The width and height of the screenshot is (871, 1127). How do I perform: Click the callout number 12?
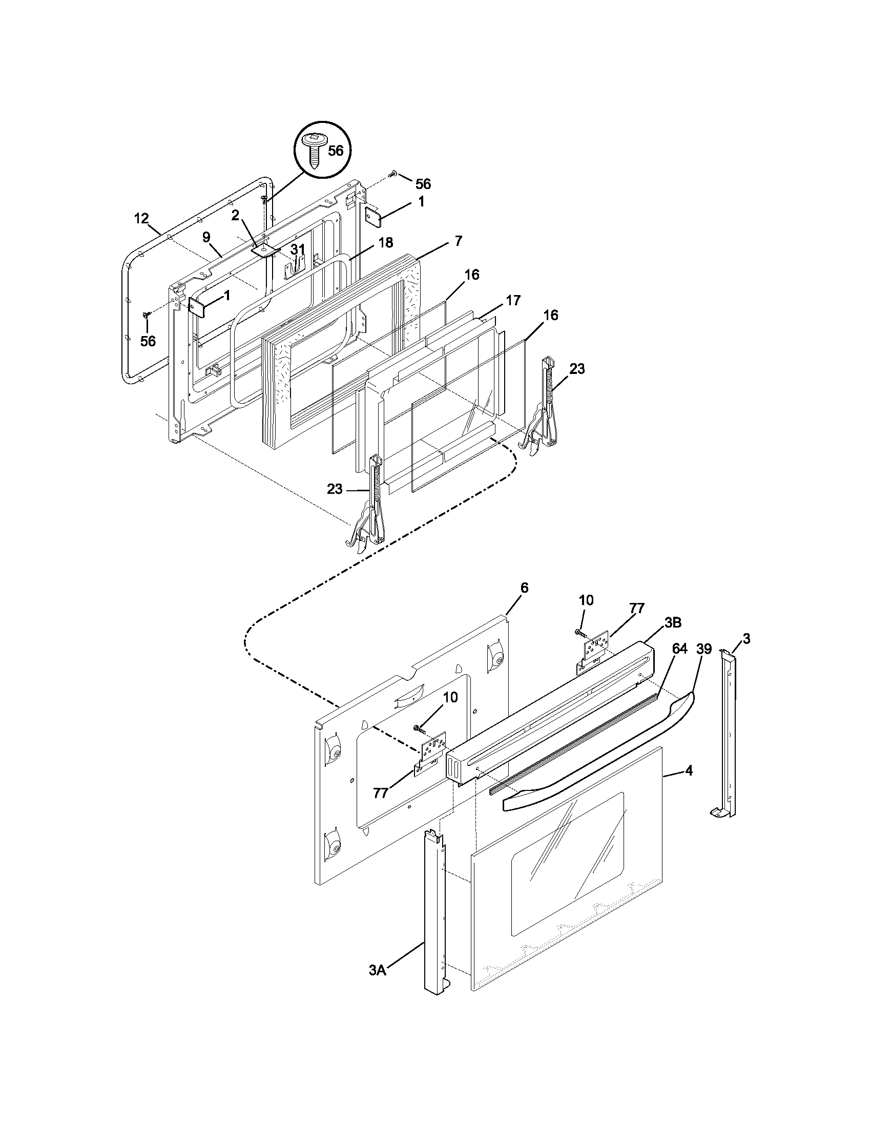(x=141, y=218)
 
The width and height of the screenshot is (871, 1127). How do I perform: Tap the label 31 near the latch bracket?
(x=297, y=249)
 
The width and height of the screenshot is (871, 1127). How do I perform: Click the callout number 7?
(x=459, y=240)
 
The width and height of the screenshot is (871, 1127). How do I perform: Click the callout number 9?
(x=206, y=237)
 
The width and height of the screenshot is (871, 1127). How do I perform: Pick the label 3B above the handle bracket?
(x=672, y=622)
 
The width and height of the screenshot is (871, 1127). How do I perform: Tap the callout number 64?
(x=679, y=649)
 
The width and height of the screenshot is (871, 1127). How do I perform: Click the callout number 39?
(x=704, y=649)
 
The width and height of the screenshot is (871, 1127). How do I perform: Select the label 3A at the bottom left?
(x=378, y=985)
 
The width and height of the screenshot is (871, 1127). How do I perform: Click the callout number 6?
(x=524, y=588)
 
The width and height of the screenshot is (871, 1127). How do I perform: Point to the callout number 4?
(x=688, y=785)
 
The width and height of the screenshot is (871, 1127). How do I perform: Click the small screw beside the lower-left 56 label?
(x=146, y=314)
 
